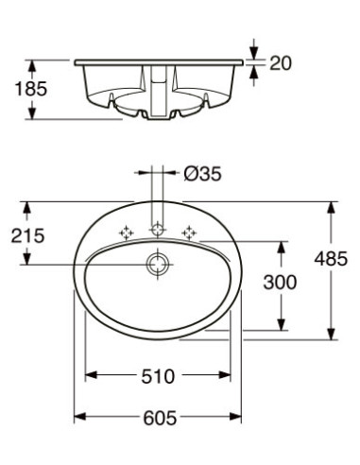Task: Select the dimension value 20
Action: click(281, 63)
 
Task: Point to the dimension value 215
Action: click(28, 235)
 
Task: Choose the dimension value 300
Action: click(281, 282)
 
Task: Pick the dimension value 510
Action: click(159, 375)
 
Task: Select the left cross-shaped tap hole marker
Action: click(125, 230)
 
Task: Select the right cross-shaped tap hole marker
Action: click(189, 230)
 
